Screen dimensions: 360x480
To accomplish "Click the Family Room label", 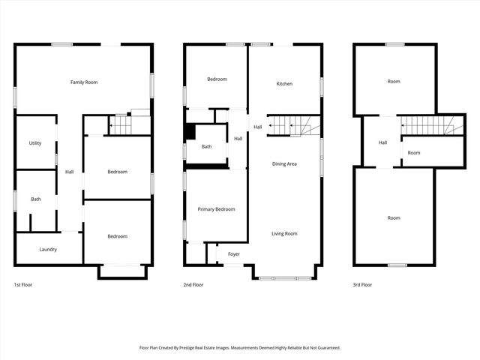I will click(x=84, y=82).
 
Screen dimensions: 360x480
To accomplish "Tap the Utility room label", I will click(x=35, y=142).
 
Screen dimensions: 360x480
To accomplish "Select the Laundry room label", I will click(x=48, y=249).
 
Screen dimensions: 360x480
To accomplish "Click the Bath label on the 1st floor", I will click(x=35, y=199).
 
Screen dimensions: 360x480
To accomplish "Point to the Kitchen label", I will click(x=284, y=83).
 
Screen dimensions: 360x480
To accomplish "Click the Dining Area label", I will click(x=284, y=163).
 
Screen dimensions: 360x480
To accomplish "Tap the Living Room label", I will click(x=284, y=233).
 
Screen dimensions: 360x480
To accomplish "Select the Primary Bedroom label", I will click(x=216, y=209).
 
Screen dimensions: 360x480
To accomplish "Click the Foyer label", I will click(x=234, y=254).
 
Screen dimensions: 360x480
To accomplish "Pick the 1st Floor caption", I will click(x=23, y=285).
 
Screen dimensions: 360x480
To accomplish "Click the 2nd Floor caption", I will click(x=193, y=285).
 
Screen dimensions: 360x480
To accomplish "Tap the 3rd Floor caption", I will click(x=362, y=285).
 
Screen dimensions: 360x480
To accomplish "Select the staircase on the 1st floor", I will click(x=121, y=124).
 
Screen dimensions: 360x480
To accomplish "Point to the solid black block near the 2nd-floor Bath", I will click(x=190, y=132).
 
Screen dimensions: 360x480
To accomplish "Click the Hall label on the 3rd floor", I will click(x=382, y=142).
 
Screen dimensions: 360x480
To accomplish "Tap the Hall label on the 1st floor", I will click(x=69, y=172).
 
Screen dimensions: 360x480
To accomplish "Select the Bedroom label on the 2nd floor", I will click(x=217, y=79).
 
